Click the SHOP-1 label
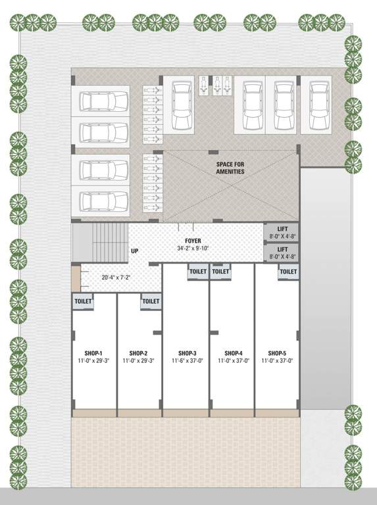click(x=93, y=353)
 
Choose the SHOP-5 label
click(x=277, y=353)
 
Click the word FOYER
click(x=193, y=241)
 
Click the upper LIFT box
click(x=282, y=232)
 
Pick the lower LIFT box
click(x=282, y=252)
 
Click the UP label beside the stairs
click(x=135, y=251)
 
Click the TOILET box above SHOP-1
click(x=83, y=301)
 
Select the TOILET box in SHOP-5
click(x=288, y=272)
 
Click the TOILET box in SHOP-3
click(x=198, y=272)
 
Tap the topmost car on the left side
click(x=103, y=101)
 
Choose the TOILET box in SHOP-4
click(x=221, y=272)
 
